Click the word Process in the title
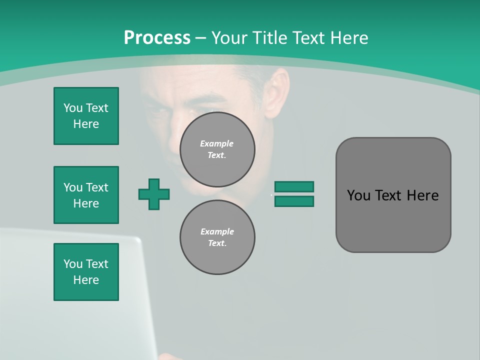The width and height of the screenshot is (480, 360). (x=157, y=38)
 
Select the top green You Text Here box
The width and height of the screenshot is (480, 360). (x=86, y=116)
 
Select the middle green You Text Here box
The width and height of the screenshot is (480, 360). (x=86, y=195)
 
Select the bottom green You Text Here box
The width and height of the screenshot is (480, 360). (x=86, y=272)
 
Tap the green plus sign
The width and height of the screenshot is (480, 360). (x=154, y=194)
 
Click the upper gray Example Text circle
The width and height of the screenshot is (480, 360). (x=217, y=149)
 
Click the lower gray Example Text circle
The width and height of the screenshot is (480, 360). (x=217, y=237)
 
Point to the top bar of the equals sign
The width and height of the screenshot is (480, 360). (x=294, y=186)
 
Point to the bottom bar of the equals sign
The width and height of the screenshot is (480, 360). (x=294, y=201)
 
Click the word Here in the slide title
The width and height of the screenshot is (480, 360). (x=348, y=38)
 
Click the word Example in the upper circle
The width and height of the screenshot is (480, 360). (x=216, y=143)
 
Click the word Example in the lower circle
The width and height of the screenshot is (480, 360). (x=216, y=231)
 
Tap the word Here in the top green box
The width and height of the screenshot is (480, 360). (x=86, y=124)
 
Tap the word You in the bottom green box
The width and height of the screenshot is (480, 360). (x=72, y=264)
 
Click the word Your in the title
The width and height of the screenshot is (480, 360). (x=229, y=38)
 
